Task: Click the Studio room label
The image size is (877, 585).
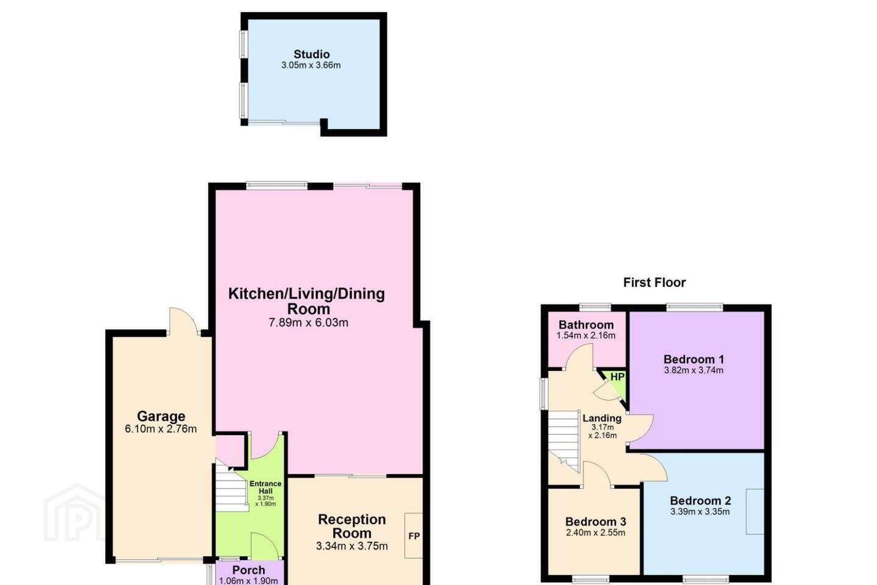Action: (x=312, y=54)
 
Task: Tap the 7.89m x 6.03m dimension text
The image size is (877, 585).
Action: (x=308, y=322)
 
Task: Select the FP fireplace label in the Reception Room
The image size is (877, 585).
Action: (x=414, y=536)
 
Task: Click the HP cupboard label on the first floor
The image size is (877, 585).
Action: (x=618, y=377)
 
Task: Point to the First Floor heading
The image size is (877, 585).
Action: (x=654, y=283)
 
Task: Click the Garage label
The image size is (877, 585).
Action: (x=161, y=416)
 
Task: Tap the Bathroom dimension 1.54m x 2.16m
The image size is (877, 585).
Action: (x=586, y=335)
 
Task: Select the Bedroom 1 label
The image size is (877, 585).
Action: (x=693, y=359)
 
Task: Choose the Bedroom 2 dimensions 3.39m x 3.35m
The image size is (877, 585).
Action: (x=700, y=511)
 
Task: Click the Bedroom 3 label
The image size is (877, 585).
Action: (x=596, y=522)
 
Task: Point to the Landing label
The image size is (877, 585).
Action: (x=602, y=418)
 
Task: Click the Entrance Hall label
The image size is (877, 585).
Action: (x=266, y=487)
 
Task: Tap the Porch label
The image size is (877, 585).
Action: (x=248, y=570)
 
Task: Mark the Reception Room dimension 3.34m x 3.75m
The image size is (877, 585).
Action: (x=351, y=546)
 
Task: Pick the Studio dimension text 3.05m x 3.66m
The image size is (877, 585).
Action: (x=311, y=65)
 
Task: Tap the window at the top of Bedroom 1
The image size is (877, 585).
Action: (x=694, y=308)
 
